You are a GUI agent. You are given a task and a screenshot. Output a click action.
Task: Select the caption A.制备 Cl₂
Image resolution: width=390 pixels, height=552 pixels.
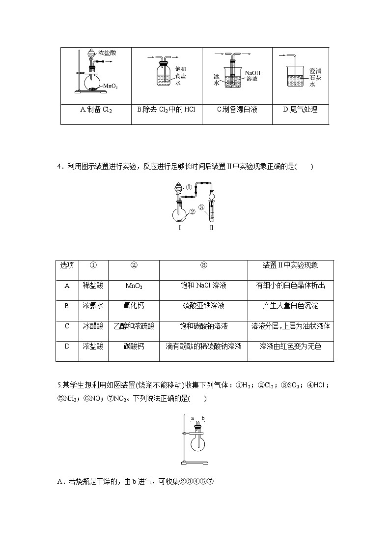[96, 110]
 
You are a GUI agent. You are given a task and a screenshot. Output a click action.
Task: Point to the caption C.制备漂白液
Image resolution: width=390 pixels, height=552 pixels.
[237, 110]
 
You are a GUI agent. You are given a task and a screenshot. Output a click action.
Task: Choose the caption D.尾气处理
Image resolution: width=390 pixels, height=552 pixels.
[300, 110]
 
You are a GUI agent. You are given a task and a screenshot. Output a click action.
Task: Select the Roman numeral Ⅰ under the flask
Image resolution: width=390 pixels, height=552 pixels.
[179, 229]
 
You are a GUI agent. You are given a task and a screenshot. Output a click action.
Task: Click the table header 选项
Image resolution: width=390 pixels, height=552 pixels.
[67, 265]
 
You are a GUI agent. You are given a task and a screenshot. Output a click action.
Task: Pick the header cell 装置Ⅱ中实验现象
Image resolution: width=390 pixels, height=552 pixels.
[290, 265]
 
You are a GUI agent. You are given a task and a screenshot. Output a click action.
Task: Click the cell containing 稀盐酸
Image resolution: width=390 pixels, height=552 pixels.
[93, 286]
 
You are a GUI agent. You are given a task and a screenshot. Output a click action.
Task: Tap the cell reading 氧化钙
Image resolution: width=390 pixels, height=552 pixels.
[134, 306]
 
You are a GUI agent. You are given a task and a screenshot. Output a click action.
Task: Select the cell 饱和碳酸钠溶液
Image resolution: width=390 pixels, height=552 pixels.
[203, 326]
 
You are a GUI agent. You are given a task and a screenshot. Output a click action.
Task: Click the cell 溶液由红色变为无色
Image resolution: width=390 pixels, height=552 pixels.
[290, 347]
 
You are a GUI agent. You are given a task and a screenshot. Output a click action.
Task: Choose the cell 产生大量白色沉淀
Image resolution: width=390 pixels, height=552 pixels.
[290, 306]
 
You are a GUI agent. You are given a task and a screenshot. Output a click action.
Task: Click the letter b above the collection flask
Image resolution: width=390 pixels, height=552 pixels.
[202, 418]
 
